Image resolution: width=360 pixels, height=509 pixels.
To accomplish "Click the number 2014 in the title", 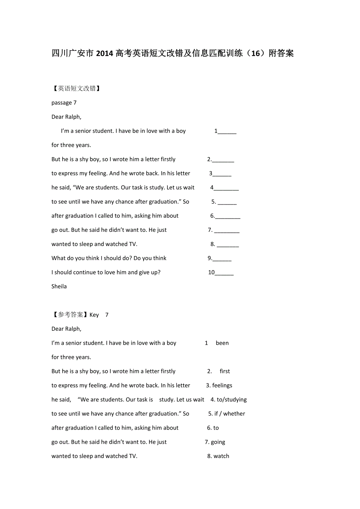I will pos(104,54).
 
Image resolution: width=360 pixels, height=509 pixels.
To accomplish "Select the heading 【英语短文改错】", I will pos(77,89).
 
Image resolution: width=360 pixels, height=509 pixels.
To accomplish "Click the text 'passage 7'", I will pos(64,103).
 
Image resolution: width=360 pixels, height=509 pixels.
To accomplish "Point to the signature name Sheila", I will pos(59,287).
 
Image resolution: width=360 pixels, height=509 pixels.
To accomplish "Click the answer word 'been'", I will pos(222,343).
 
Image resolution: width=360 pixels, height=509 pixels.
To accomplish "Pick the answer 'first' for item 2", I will pos(225,371).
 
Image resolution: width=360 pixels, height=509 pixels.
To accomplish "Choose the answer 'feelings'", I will pos(222,385).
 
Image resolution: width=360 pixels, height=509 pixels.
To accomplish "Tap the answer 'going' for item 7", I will pos(218,442).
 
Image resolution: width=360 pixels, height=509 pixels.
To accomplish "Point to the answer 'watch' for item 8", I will pos(221,456).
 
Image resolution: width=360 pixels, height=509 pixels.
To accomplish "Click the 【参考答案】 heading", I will pos(70,315).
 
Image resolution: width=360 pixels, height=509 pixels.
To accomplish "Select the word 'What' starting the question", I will pos(59,258).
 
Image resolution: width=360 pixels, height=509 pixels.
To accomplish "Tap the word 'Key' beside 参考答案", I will pos(94,315).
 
